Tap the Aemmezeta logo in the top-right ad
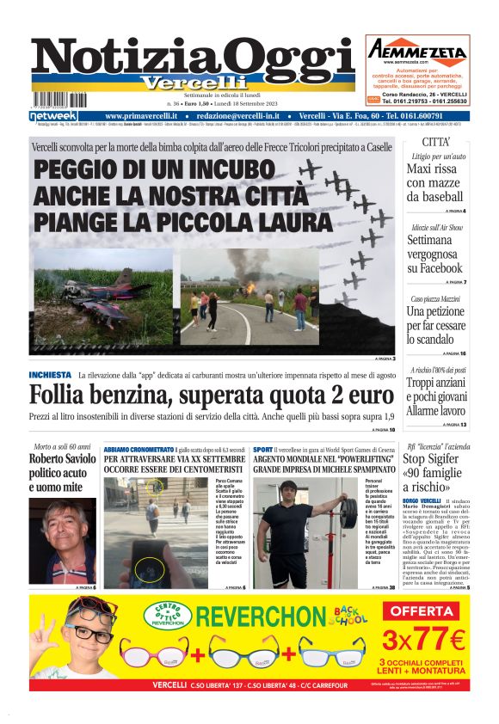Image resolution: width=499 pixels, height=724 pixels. [417, 50]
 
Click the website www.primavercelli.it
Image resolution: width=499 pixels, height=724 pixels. [146, 115]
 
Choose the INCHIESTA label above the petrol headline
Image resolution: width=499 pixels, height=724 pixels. [50, 375]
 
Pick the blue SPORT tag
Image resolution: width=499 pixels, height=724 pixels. [263, 449]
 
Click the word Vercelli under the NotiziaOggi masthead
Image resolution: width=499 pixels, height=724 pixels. [182, 83]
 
